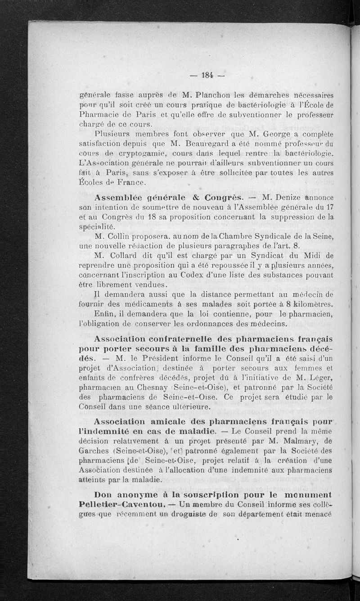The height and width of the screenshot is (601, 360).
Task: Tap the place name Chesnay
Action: (162, 388)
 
